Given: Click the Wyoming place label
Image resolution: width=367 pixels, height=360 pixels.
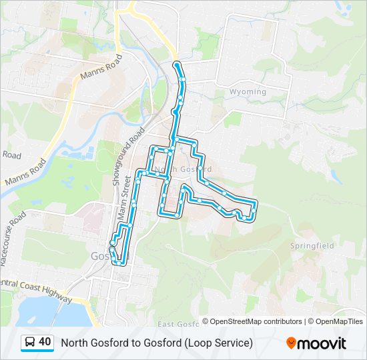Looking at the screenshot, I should click(248, 91).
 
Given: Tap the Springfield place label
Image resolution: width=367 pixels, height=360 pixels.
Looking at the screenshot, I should click(312, 245).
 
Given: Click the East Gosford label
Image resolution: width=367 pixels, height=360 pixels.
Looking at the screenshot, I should click(178, 324).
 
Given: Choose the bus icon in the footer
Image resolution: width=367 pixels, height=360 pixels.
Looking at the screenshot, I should click(29, 342).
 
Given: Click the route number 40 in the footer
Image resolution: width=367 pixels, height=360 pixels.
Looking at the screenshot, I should click(45, 342).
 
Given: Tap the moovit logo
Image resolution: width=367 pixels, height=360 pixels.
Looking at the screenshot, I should click(316, 343).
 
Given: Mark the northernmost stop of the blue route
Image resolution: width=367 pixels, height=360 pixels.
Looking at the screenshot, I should click(176, 64).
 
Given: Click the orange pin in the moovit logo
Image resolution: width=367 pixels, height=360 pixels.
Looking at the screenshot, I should click(291, 343).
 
